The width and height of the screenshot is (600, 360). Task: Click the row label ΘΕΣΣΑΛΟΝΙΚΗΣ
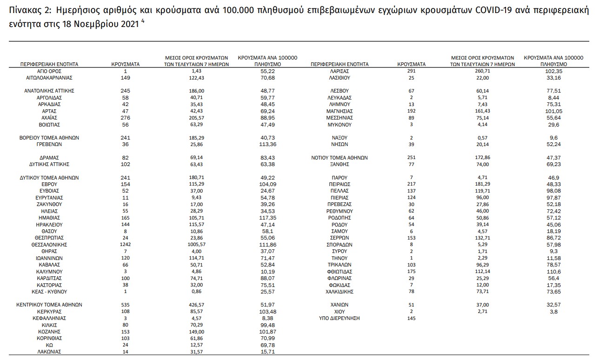pyautogui.click(x=49, y=245)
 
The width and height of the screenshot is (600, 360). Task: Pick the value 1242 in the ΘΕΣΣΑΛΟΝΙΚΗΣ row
pyautogui.click(x=126, y=245)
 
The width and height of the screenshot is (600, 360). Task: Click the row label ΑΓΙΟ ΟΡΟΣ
pyautogui.click(x=49, y=71)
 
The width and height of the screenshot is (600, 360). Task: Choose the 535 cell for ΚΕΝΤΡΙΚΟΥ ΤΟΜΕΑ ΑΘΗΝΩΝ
pyautogui.click(x=126, y=305)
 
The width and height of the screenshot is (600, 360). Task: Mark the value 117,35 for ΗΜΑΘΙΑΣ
pyautogui.click(x=267, y=218)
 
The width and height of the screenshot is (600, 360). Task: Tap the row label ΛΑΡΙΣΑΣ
pyautogui.click(x=339, y=71)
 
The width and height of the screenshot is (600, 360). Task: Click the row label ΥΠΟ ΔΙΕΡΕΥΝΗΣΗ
pyautogui.click(x=339, y=318)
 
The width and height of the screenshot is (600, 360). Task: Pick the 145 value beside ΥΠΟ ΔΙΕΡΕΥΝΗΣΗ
pyautogui.click(x=412, y=318)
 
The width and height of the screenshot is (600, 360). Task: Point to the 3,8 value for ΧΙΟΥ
pyautogui.click(x=554, y=312)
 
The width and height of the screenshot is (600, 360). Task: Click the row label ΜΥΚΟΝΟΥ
pyautogui.click(x=339, y=125)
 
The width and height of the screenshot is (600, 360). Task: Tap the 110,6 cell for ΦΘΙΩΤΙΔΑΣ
pyautogui.click(x=554, y=271)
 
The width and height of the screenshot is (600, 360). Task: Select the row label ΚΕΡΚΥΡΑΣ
pyautogui.click(x=49, y=312)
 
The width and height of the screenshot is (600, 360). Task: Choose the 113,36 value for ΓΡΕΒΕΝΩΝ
pyautogui.click(x=267, y=145)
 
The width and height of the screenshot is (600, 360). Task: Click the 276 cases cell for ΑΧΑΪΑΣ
pyautogui.click(x=126, y=118)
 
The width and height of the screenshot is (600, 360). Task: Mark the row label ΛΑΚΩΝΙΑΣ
pyautogui.click(x=49, y=352)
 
